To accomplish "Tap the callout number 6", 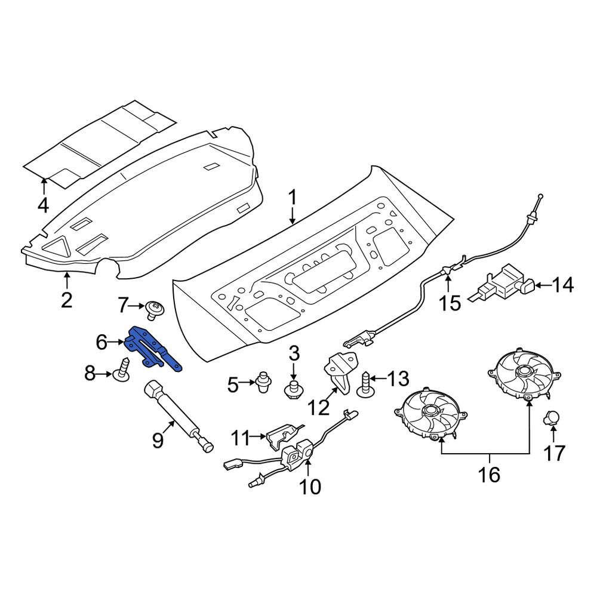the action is [101, 343].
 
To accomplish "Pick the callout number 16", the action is [490, 475].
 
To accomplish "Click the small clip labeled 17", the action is [550, 418].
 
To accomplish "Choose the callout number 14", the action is [562, 285].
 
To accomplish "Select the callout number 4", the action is [44, 205].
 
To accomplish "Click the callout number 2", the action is [67, 300].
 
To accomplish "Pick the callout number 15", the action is [450, 303].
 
